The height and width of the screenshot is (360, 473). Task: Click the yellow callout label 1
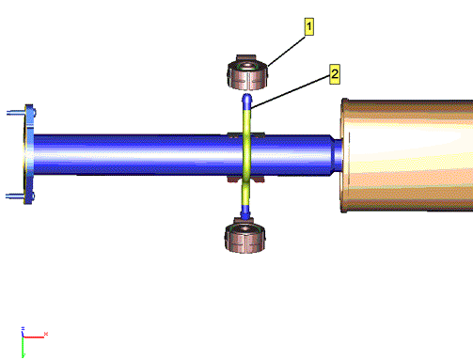point(309,26)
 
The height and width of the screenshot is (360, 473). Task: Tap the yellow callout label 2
point(335,74)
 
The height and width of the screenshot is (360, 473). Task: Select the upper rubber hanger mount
point(247,72)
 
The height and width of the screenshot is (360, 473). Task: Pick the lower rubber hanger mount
point(244,236)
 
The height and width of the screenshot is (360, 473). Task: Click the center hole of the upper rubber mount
point(247,65)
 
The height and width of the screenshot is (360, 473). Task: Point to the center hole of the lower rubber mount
point(244,229)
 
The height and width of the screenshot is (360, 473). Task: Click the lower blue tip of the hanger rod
point(244,212)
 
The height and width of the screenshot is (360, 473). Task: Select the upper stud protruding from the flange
point(16,113)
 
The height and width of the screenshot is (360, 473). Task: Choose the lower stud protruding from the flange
point(16,196)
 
